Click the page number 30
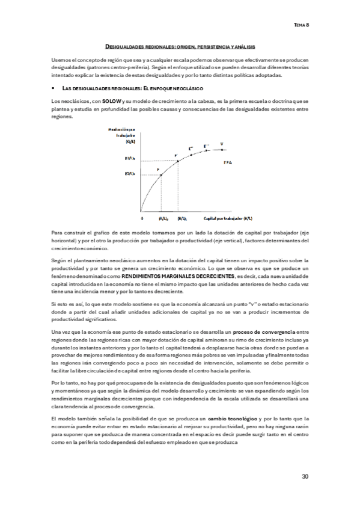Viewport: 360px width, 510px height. [305, 476]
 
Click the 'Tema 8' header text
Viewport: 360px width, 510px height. [301, 25]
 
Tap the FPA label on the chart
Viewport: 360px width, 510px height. [228, 163]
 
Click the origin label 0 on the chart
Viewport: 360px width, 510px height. [142, 219]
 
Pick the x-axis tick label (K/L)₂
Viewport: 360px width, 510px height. [181, 219]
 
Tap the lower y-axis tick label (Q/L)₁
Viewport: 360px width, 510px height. [129, 174]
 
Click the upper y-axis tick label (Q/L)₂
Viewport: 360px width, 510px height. [129, 159]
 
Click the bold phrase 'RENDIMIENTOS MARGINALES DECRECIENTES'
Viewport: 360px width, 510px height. [174, 275]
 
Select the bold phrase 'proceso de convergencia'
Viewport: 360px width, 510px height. [264, 331]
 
